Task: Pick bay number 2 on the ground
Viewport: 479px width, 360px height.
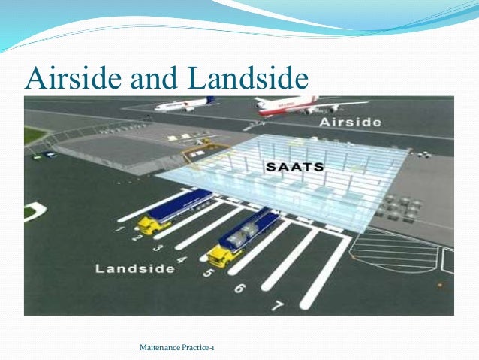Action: pos(137,237)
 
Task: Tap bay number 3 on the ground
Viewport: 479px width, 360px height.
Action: pos(156,247)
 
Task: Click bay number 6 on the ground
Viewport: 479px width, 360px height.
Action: pos(239,287)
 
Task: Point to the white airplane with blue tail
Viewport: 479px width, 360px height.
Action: pos(184,104)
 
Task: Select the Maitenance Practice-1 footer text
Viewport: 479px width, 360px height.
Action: pos(177,347)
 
